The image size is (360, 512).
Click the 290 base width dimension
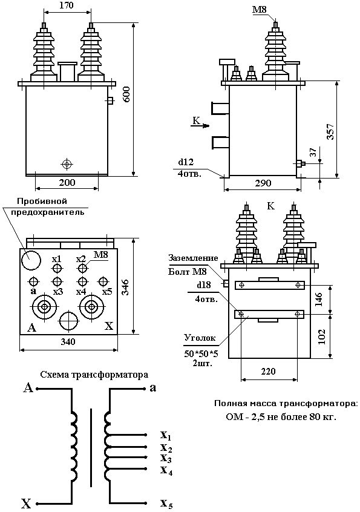(x=261, y=183)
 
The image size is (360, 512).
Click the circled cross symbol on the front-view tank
(x=67, y=164)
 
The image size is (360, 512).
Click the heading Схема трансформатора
(x=94, y=375)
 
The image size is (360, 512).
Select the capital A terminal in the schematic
(x=27, y=388)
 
